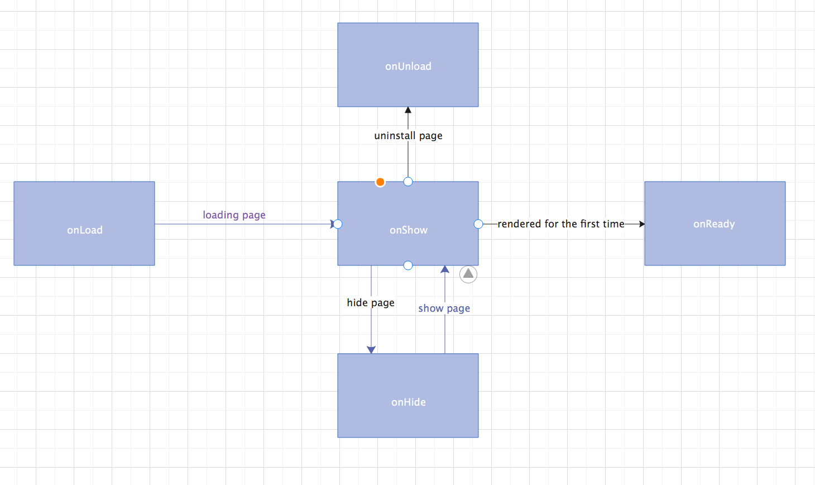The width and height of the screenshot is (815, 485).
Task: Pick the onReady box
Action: point(715,224)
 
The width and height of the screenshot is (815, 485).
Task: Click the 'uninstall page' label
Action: point(408,136)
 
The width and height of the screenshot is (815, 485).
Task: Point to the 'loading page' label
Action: point(234,215)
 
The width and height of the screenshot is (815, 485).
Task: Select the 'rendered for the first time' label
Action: point(561,224)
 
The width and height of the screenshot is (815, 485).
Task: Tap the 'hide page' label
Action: point(371,303)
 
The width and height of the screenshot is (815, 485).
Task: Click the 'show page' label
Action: point(444,308)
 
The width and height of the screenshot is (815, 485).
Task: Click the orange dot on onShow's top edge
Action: point(380,182)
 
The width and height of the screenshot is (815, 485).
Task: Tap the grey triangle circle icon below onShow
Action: point(468,274)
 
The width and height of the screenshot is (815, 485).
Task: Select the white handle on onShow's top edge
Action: point(408,182)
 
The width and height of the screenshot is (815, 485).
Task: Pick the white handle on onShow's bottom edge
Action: point(408,265)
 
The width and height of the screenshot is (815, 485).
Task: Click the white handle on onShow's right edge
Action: point(478,224)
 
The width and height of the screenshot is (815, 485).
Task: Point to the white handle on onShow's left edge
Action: point(338,224)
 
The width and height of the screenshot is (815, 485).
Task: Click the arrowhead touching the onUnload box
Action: point(408,110)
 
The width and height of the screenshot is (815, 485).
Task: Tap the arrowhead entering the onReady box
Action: point(641,224)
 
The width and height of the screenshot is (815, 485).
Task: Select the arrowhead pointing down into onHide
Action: point(371,350)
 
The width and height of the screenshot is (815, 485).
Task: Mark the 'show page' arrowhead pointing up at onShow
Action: point(445,269)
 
